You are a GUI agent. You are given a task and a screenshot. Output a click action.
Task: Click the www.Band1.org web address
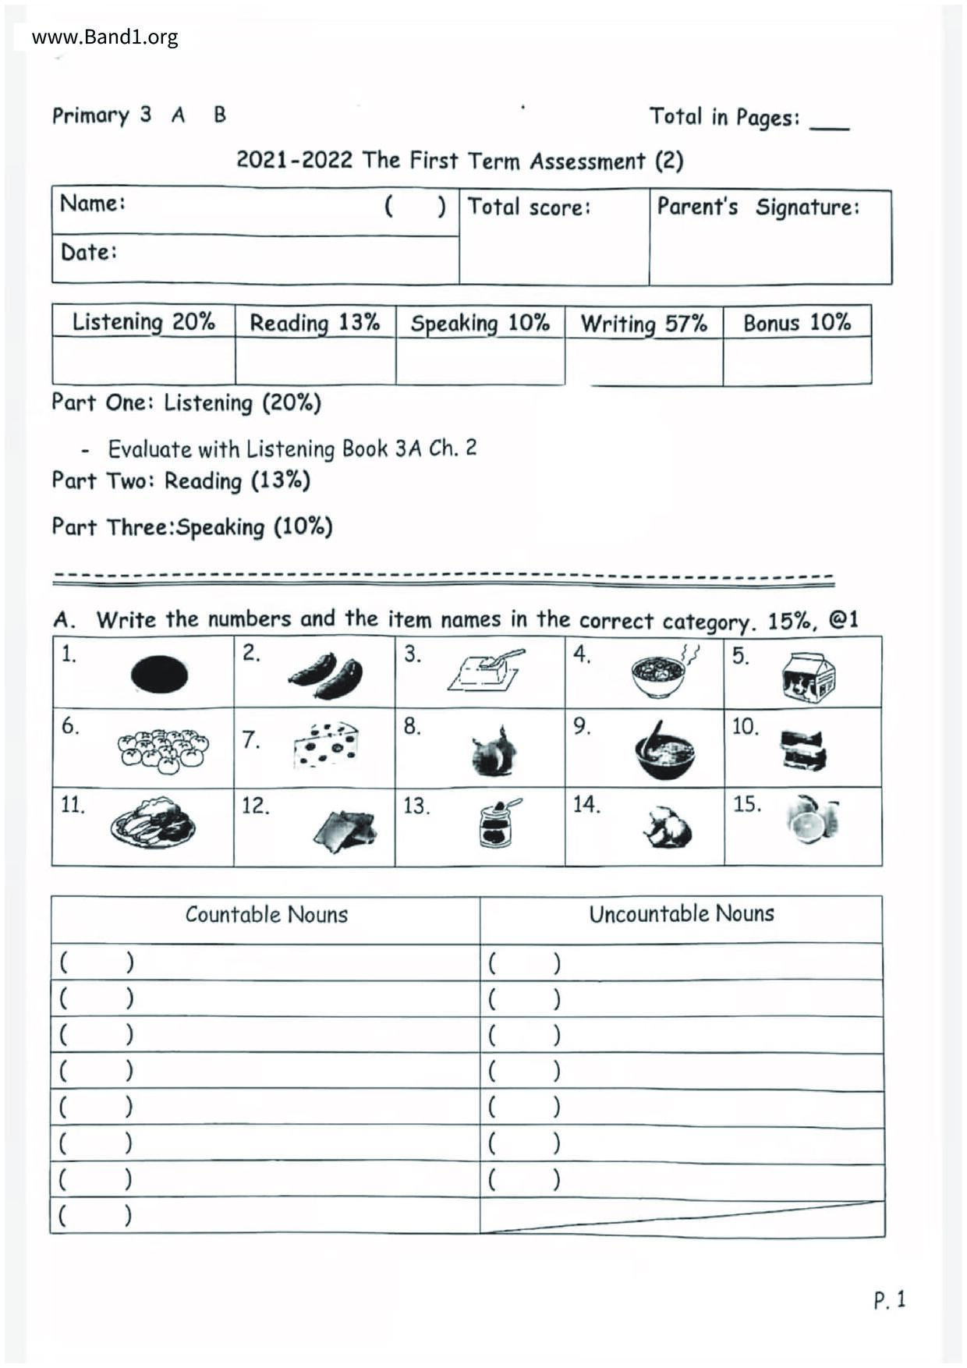[x=104, y=37]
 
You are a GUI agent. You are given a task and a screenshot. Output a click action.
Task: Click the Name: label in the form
[x=92, y=204]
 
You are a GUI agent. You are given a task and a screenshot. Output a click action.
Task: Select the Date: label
[x=88, y=252]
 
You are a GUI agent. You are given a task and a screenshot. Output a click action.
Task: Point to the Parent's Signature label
[x=758, y=207]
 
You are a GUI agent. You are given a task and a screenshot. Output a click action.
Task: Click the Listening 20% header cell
[x=143, y=322]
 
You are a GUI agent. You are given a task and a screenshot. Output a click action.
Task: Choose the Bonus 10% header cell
[x=796, y=323]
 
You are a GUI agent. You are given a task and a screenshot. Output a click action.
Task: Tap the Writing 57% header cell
[x=643, y=324]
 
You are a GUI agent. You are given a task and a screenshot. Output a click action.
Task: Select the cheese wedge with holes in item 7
[x=326, y=746]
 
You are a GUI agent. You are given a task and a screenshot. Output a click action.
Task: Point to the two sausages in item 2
[x=326, y=675]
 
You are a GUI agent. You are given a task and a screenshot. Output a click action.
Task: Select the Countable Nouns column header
[x=266, y=915]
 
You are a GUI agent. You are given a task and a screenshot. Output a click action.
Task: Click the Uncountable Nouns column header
[x=681, y=914]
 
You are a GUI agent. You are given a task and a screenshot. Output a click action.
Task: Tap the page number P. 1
[x=890, y=1300]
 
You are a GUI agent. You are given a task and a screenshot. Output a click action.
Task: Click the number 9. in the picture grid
[x=582, y=726]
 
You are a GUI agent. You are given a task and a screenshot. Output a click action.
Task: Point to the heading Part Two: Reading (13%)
[x=181, y=480]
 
